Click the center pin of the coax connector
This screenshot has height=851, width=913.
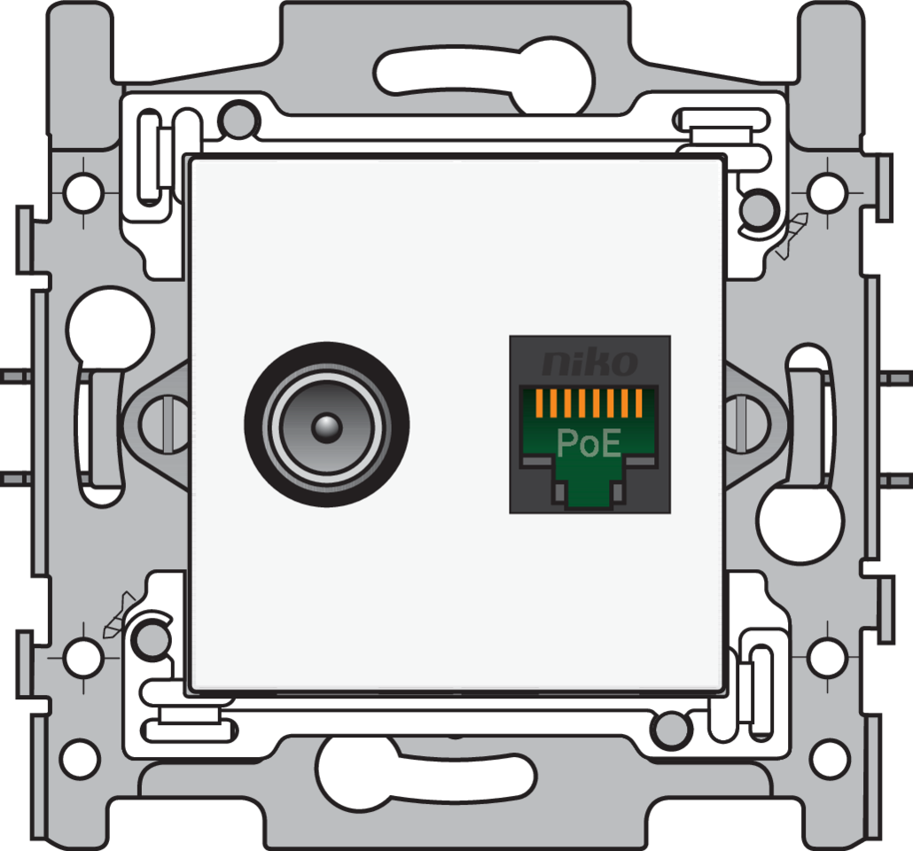click(x=326, y=426)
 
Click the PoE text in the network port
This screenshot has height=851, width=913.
click(x=589, y=442)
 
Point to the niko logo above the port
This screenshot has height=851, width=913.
click(x=589, y=362)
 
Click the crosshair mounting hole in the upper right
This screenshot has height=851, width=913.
click(x=826, y=189)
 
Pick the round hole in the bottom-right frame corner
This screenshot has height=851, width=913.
click(x=830, y=758)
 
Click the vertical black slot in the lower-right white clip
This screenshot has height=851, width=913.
click(x=761, y=692)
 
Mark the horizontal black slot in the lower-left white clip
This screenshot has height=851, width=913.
click(x=190, y=730)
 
